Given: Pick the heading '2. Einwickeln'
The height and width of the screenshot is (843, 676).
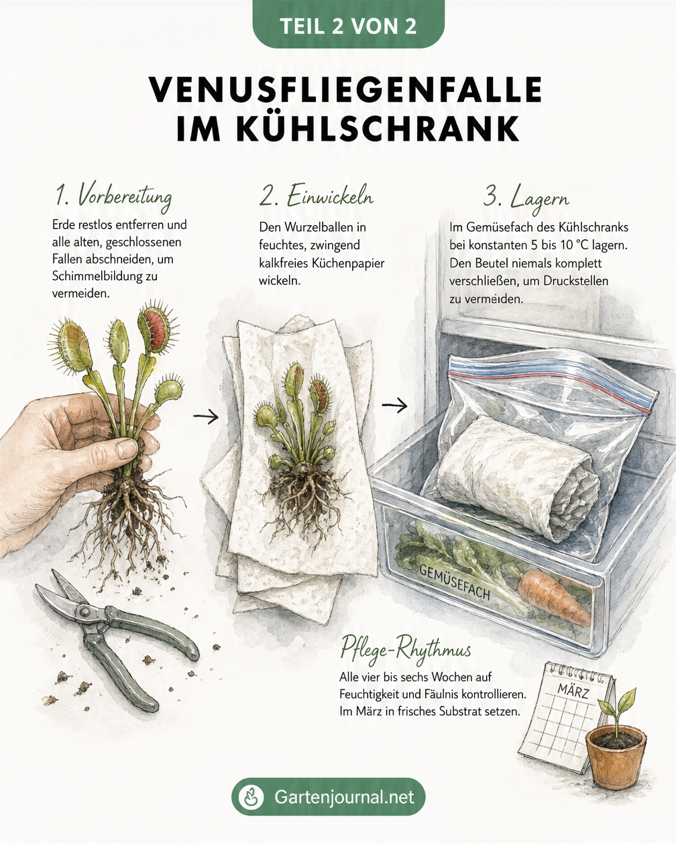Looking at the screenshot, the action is pyautogui.click(x=316, y=197).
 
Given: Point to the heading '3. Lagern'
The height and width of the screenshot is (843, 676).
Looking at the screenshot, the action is pyautogui.click(x=526, y=198).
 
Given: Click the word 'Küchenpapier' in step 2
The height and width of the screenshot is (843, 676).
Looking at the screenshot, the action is pyautogui.click(x=348, y=263).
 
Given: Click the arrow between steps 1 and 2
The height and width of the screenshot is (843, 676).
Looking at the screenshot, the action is pyautogui.click(x=206, y=416).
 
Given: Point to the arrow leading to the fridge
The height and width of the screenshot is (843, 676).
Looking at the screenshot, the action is pyautogui.click(x=394, y=406).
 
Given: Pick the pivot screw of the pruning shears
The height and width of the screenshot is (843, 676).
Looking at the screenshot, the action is pyautogui.click(x=84, y=612).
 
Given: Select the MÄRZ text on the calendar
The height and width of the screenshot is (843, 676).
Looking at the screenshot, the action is pyautogui.click(x=573, y=692).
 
